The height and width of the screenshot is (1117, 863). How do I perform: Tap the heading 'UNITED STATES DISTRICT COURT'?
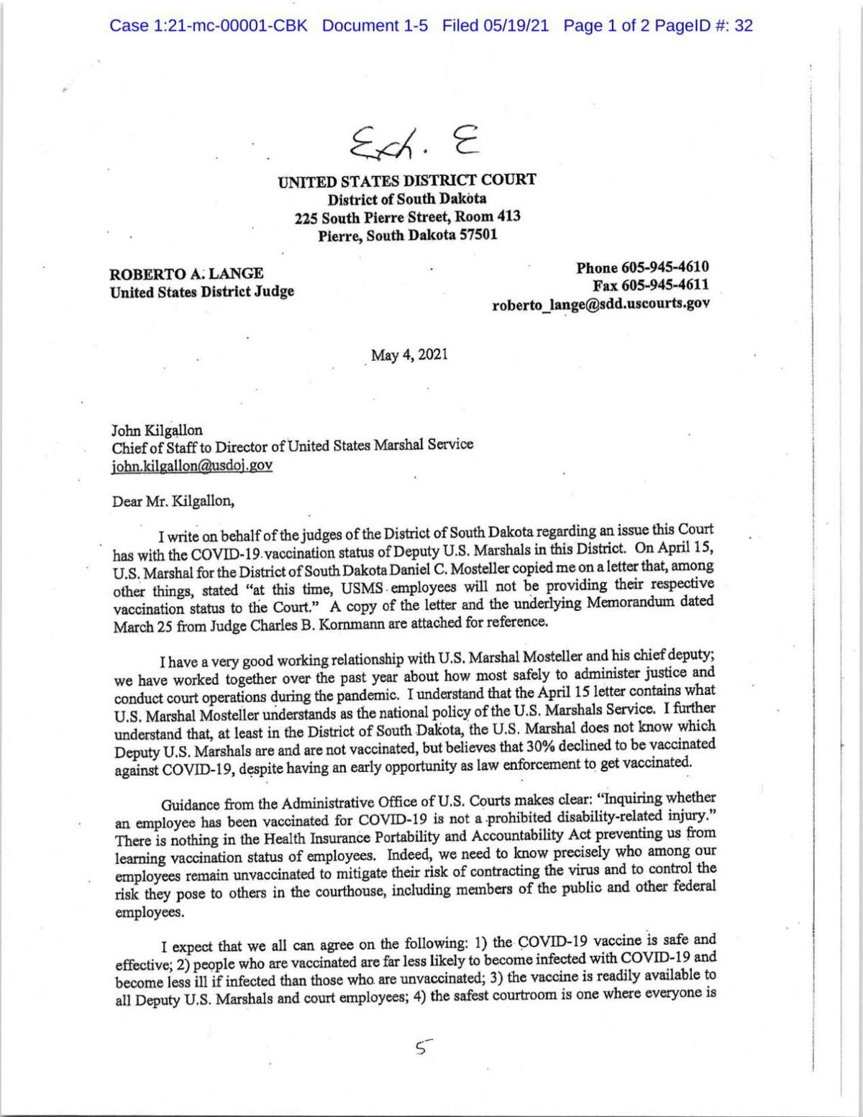point(407,181)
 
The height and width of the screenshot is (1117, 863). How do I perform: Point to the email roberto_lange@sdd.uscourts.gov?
point(601,303)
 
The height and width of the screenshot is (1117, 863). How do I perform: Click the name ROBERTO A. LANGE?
point(186,274)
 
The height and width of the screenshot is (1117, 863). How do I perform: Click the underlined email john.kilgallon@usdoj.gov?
point(191,465)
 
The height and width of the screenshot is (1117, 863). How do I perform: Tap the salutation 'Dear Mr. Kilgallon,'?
point(173,501)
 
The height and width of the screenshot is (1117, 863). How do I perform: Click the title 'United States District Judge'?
point(201,292)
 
